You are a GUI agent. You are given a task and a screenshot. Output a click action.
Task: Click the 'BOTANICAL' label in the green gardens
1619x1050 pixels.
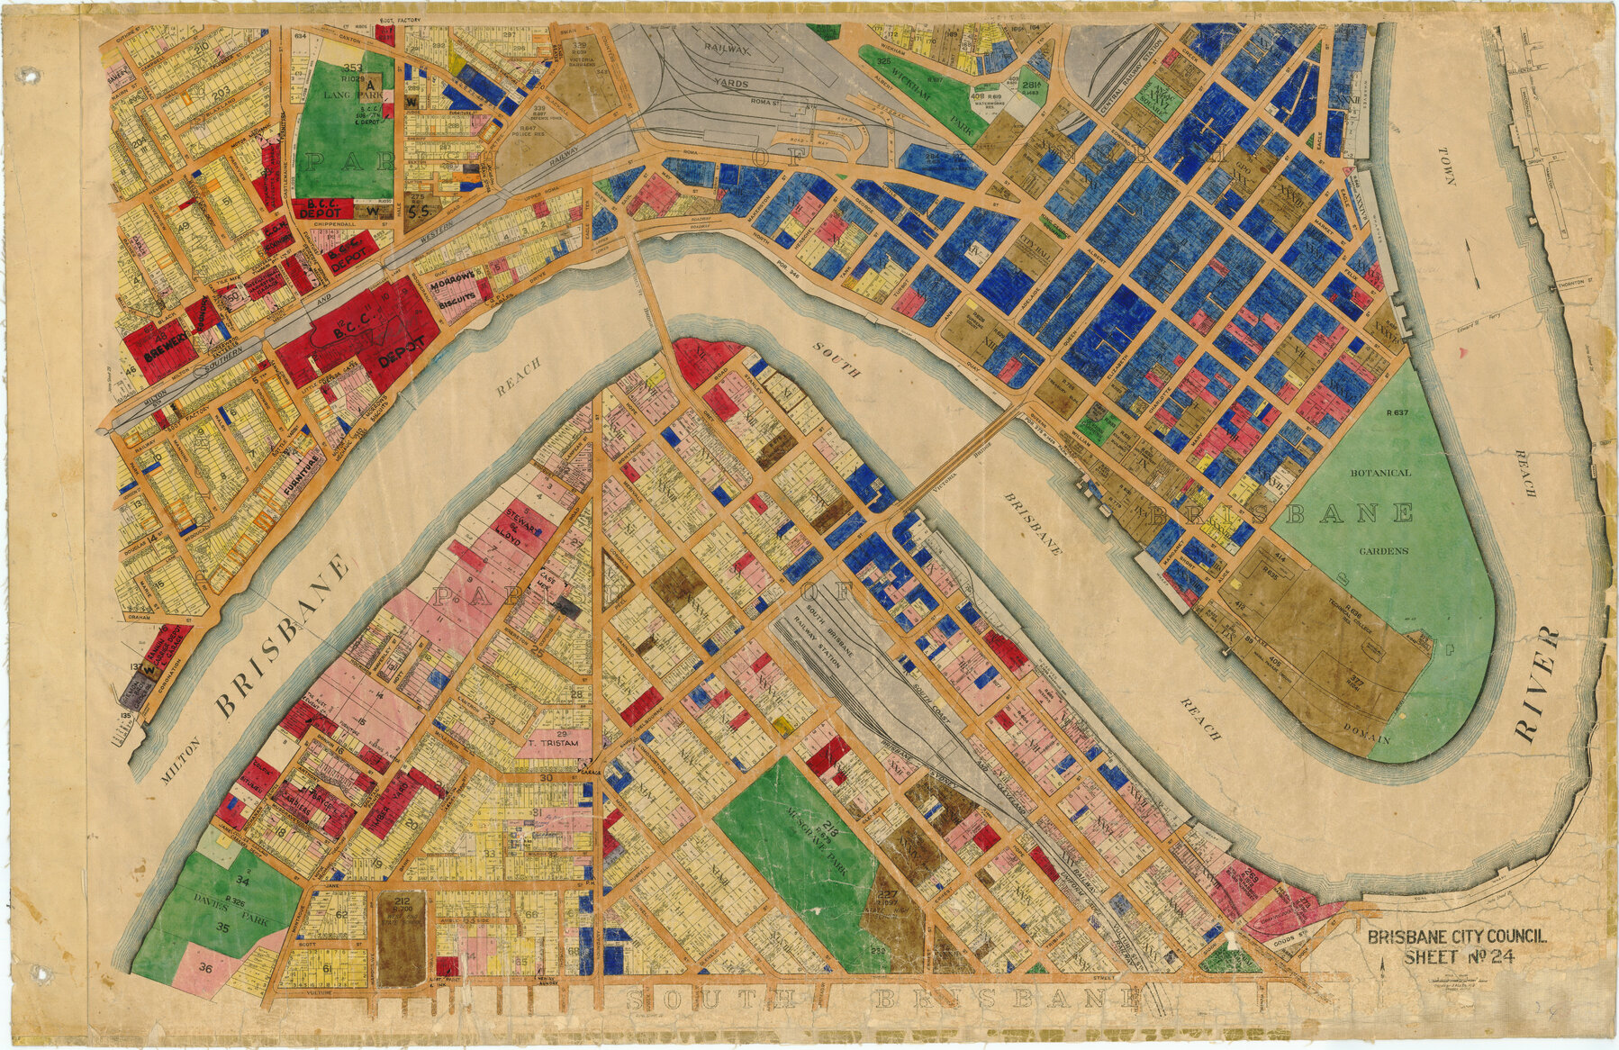point(1379,472)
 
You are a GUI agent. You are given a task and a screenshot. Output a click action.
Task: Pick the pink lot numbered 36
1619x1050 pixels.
point(205,969)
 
